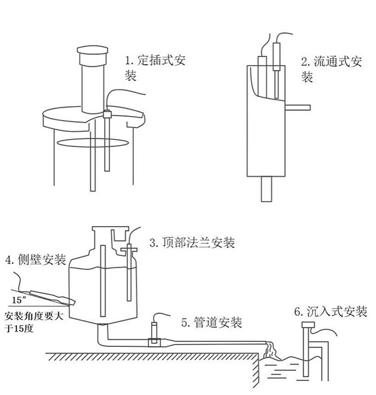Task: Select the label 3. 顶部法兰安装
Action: point(191,243)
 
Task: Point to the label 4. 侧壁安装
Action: point(35,260)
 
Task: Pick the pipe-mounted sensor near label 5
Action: point(154,330)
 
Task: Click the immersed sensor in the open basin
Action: point(305,353)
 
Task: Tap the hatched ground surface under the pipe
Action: point(132,360)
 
